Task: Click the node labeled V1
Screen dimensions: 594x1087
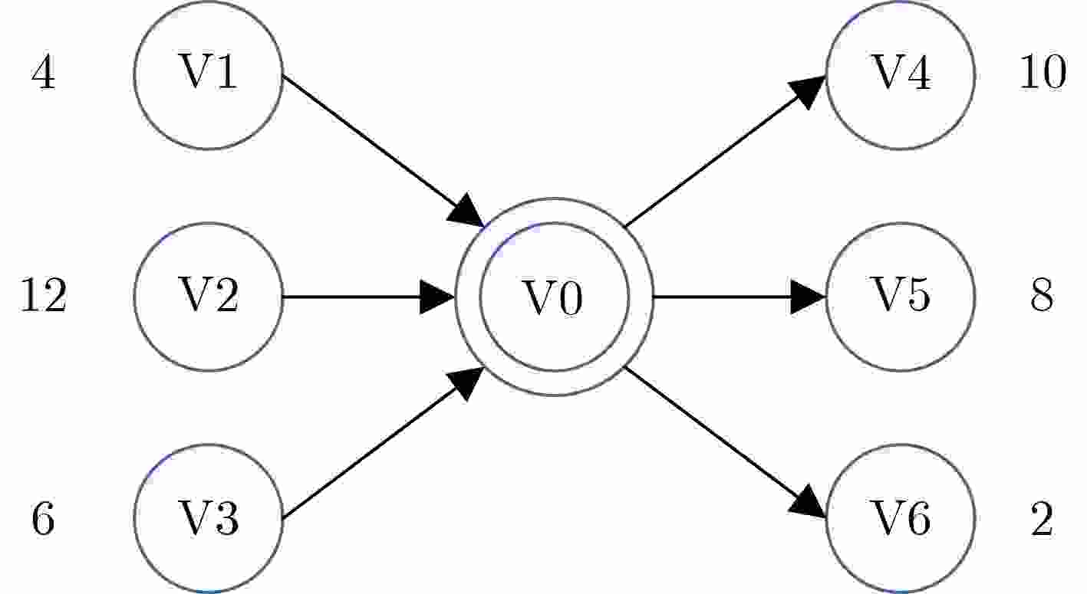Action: pos(208,74)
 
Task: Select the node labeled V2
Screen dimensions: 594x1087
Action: pos(208,297)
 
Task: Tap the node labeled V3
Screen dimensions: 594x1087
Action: pos(208,518)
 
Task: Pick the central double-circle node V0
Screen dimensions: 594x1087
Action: pos(554,297)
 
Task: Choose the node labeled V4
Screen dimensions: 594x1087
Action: pos(900,74)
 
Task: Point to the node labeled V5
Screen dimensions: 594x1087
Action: pos(900,297)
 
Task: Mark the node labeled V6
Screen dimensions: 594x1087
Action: pos(900,518)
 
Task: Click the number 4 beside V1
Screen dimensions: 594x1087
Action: pos(43,75)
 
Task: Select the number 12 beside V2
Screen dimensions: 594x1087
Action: pos(43,297)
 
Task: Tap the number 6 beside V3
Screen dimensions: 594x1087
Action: pos(43,519)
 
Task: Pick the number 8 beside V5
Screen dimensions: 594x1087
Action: pos(1042,297)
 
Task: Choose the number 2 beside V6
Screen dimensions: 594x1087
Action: pos(1042,519)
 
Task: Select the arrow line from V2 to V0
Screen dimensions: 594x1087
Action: pos(353,297)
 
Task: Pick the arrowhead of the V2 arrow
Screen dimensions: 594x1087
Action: pos(437,297)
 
